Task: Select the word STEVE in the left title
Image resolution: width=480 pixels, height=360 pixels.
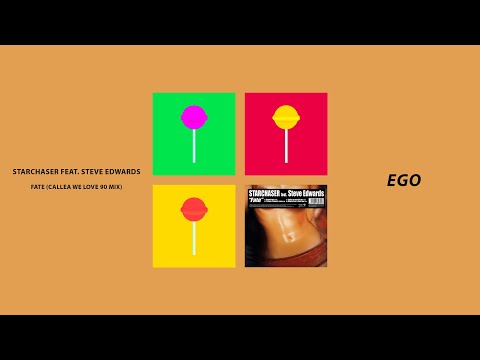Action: pyautogui.click(x=92, y=172)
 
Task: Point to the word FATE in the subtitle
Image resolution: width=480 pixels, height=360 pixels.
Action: pyautogui.click(x=39, y=188)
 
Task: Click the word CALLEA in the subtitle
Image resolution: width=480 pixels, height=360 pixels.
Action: pyautogui.click(x=60, y=188)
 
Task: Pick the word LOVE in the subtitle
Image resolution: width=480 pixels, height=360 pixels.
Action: pyautogui.click(x=89, y=188)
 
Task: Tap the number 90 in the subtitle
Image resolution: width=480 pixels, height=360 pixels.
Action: pyautogui.click(x=103, y=188)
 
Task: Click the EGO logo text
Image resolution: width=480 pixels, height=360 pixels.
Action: pyautogui.click(x=404, y=181)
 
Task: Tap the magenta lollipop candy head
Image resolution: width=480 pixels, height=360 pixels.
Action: pyautogui.click(x=193, y=116)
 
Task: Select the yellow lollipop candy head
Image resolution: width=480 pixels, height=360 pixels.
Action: pyautogui.click(x=286, y=116)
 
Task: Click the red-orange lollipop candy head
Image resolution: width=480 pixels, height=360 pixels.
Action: pyautogui.click(x=193, y=208)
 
